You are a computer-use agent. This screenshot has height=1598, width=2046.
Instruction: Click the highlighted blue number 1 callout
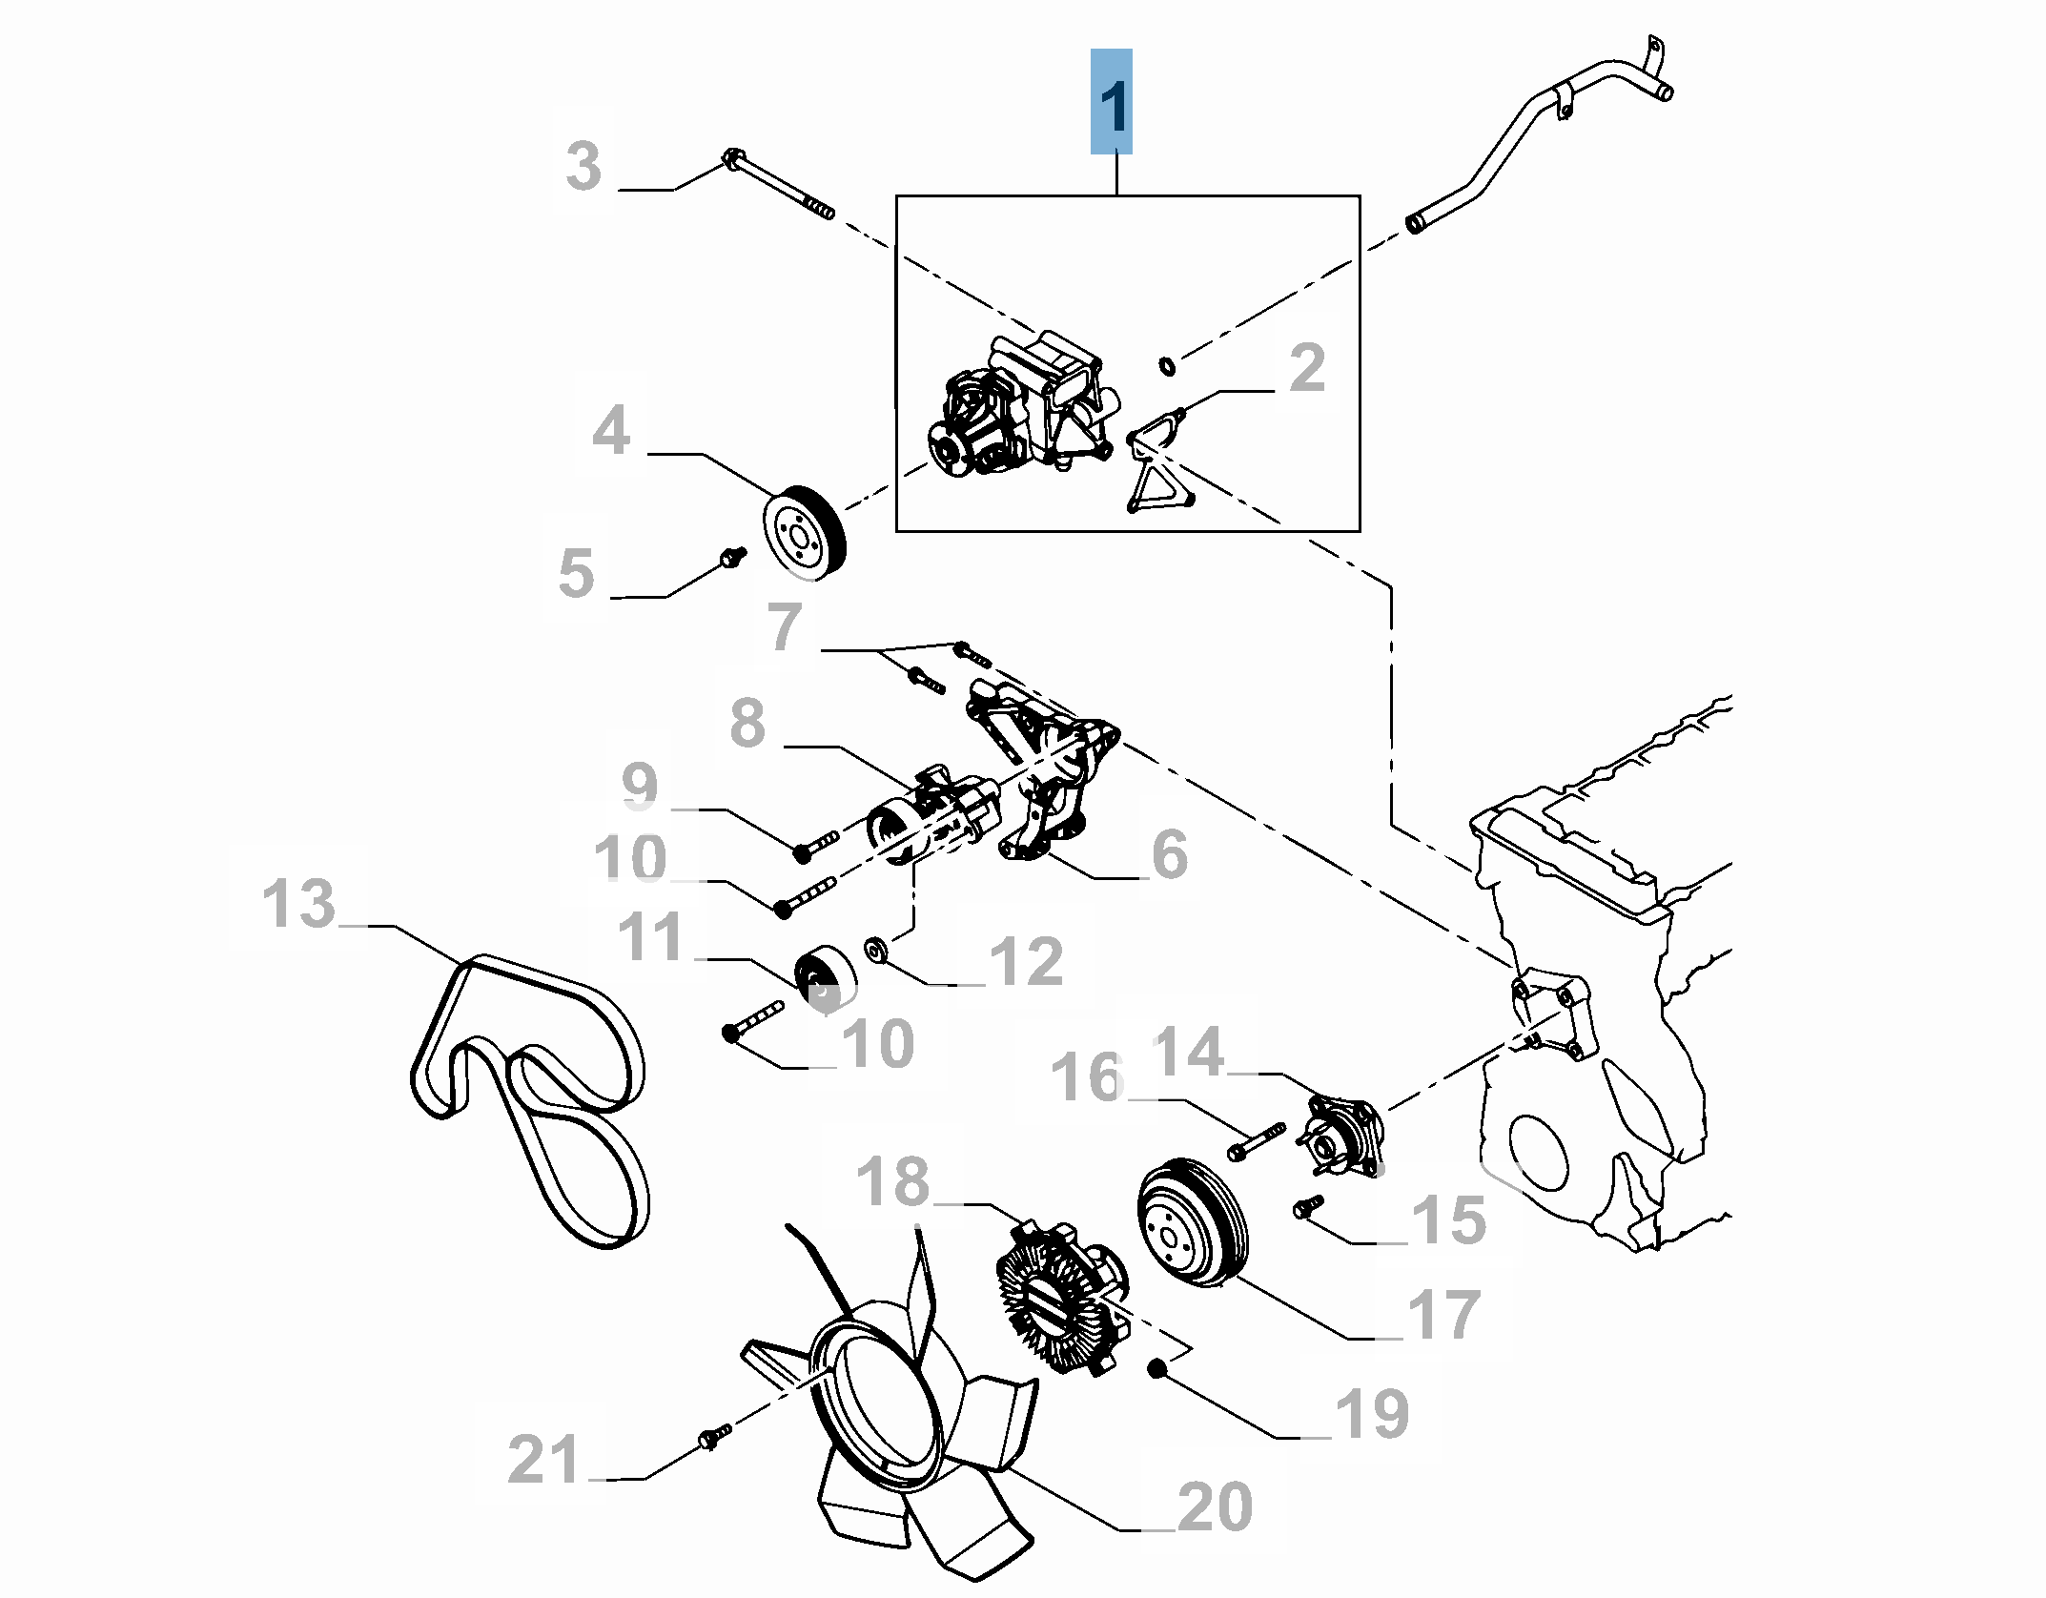[x=1112, y=102]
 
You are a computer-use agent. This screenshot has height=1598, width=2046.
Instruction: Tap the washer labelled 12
[x=874, y=950]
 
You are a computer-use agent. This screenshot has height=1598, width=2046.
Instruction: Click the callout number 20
[x=1215, y=1507]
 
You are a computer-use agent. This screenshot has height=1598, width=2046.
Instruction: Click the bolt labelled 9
[x=815, y=846]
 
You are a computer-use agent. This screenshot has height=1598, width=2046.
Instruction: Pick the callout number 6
[x=1169, y=853]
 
